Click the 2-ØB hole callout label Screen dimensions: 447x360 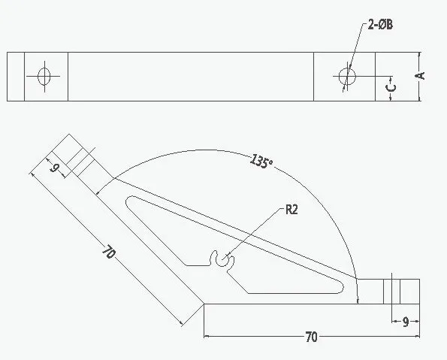(380, 25)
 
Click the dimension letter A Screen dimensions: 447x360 (420, 76)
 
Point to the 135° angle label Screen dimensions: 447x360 (261, 162)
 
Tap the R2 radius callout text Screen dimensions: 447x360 (291, 210)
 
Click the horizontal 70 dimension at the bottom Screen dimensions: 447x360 (311, 337)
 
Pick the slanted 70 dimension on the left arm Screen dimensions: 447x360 (109, 252)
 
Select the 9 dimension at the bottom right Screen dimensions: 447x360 (406, 322)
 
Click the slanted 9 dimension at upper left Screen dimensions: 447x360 (53, 168)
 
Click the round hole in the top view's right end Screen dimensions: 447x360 (347, 76)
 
